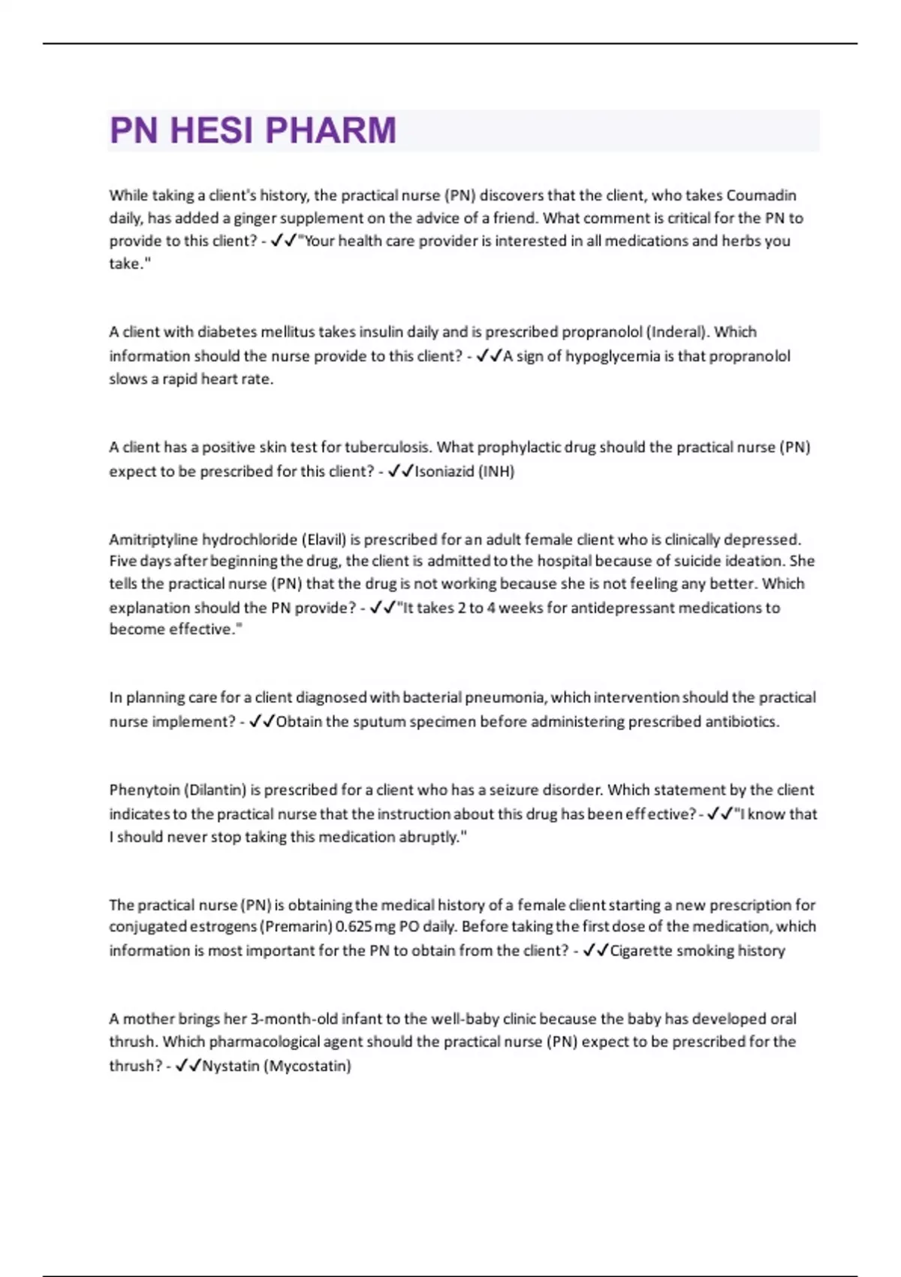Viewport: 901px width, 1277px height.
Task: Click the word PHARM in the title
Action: tap(330, 131)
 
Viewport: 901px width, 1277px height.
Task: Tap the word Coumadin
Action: tap(761, 195)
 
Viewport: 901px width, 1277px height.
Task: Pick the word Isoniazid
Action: tap(444, 472)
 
